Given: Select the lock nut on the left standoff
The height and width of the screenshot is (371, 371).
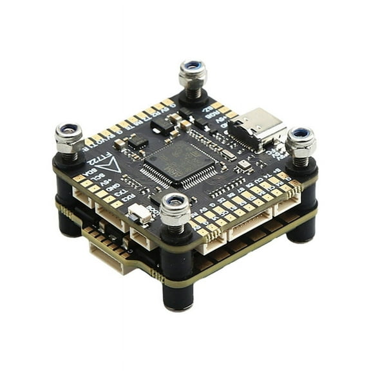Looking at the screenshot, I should (x=69, y=136).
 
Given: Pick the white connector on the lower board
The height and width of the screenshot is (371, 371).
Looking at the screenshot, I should (x=111, y=258).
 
